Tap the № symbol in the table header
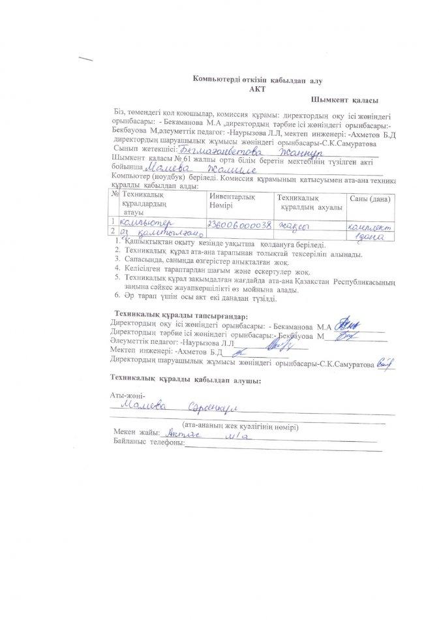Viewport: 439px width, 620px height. pyautogui.click(x=115, y=194)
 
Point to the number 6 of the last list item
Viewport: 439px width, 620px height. pyautogui.click(x=117, y=299)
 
